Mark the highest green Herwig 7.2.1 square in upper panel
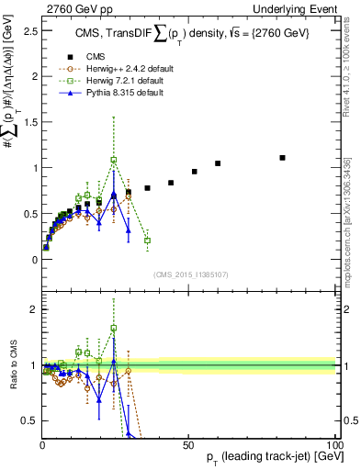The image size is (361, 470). pos(114,160)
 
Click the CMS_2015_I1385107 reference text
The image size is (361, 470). pos(188,273)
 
